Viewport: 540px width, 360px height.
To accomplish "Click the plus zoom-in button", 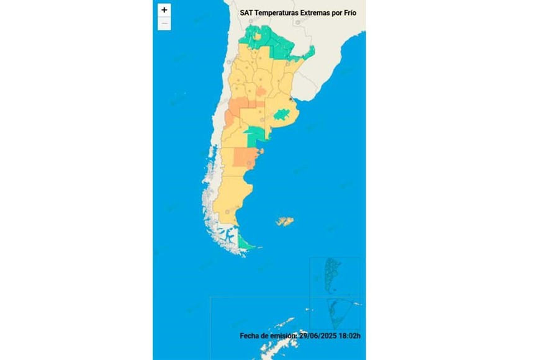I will click(164, 10).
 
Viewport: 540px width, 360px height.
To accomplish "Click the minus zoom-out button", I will click(164, 24).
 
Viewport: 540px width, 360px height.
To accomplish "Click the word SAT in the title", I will click(247, 12).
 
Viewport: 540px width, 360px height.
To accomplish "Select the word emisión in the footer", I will click(282, 336).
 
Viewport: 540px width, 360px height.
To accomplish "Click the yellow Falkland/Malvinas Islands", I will click(285, 221).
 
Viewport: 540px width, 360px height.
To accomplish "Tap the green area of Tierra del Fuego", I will click(247, 245).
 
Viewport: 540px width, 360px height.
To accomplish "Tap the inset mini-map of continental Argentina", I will click(334, 276).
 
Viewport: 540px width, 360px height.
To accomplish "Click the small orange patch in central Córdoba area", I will click(261, 92).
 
